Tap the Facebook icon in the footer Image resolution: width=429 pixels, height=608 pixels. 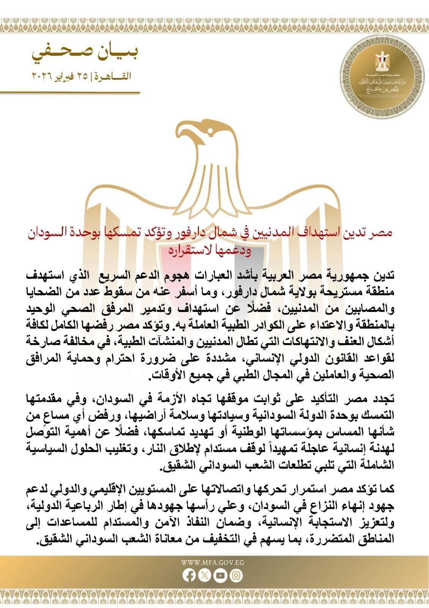pyautogui.click(x=189, y=576)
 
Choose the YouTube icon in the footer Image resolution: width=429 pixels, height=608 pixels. pyautogui.click(x=220, y=576)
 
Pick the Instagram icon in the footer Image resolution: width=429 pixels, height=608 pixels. pyautogui.click(x=236, y=576)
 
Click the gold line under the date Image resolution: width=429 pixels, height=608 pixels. pyautogui.click(x=70, y=92)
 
